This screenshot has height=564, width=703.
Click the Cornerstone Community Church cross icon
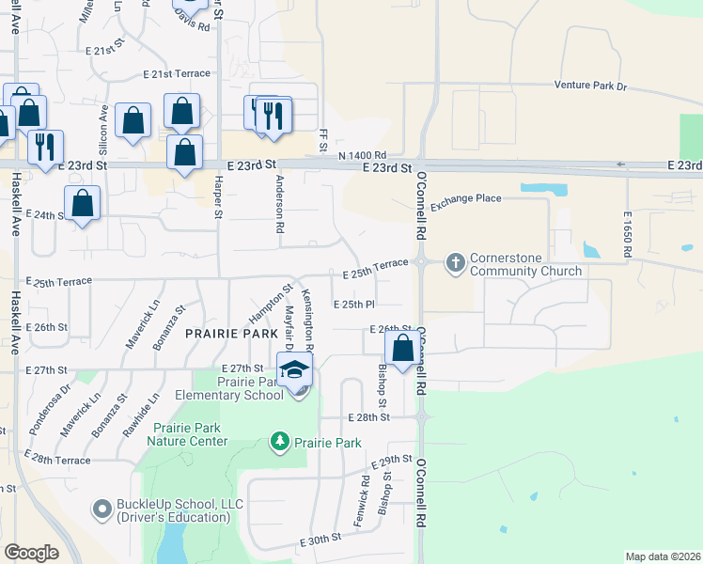click(456, 261)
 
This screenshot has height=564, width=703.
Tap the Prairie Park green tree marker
click(279, 441)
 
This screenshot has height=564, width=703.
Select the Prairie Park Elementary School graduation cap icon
click(295, 369)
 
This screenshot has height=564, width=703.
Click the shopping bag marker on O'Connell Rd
click(402, 348)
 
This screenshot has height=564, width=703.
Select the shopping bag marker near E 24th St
click(83, 204)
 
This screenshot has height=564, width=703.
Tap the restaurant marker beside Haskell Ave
click(44, 147)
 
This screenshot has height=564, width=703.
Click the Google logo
click(31, 552)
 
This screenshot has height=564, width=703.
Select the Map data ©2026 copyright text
click(663, 556)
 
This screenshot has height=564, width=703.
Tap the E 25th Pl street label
click(354, 305)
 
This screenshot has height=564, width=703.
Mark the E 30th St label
click(320, 541)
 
